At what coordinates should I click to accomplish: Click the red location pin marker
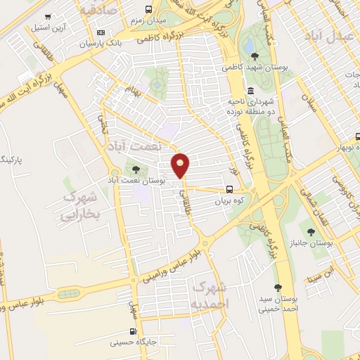[x=181, y=165]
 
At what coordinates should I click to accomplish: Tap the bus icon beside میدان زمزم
[x=148, y=9]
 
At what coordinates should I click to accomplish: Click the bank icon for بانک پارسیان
[x=101, y=32]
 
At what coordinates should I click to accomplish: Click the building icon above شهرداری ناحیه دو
[x=251, y=91]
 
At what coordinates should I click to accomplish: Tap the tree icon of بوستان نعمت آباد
[x=136, y=169]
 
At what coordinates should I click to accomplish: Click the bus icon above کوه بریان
[x=229, y=188]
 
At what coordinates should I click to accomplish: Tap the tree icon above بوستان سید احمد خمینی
[x=278, y=288]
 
